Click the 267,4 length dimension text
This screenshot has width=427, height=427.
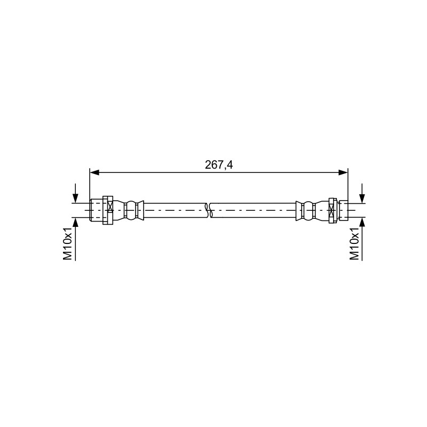coord(219,165)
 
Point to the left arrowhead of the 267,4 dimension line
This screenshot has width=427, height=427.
coord(94,172)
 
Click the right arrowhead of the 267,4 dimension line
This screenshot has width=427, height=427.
coord(343,172)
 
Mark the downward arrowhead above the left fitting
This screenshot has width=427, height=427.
coord(75,198)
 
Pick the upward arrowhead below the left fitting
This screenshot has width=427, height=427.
coord(75,223)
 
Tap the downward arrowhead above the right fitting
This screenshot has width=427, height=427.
coord(362,198)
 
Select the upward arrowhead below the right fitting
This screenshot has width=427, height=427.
coord(362,223)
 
